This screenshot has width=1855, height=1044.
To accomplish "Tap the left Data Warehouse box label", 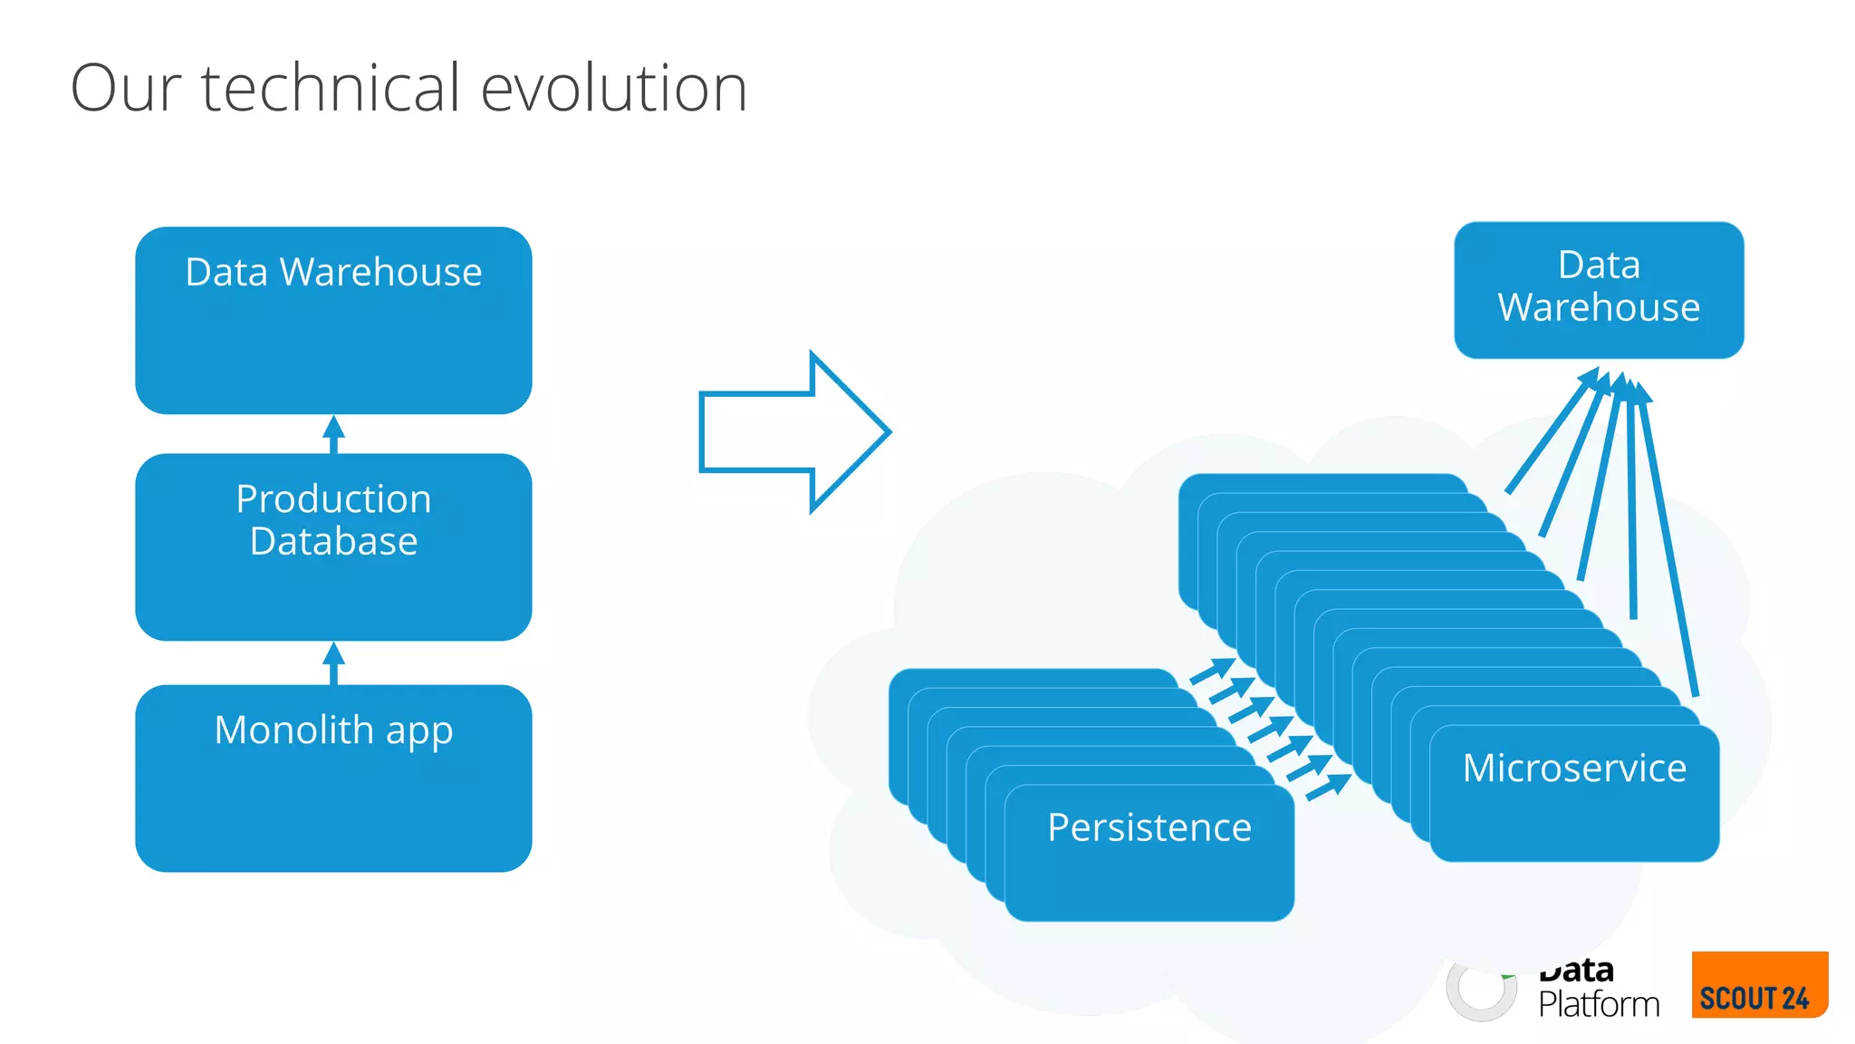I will (333, 272).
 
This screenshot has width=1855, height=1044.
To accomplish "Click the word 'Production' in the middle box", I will (333, 498).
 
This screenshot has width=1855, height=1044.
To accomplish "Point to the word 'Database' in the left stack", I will (333, 541).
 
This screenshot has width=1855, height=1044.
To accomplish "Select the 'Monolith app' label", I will (333, 730).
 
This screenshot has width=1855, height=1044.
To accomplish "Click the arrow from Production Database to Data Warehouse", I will (333, 435).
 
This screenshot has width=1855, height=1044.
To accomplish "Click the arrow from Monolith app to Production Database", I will (333, 663).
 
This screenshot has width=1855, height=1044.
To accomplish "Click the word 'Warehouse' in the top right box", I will (1599, 307).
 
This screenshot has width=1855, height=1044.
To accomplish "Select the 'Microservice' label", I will (1574, 768).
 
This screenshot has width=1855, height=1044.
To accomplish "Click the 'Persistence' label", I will (1149, 827).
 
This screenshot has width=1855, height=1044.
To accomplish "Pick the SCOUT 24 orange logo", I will (1759, 985).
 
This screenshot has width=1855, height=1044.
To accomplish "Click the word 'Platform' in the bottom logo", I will (1599, 1004).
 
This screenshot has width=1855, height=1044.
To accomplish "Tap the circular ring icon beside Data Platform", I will (1481, 990).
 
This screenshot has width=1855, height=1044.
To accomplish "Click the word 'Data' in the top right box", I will (1599, 266).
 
